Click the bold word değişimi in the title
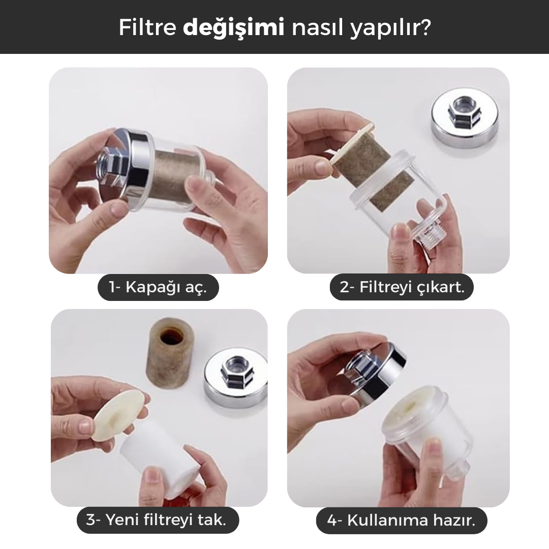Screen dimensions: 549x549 [233, 28]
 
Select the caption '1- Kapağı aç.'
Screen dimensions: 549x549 [158, 287]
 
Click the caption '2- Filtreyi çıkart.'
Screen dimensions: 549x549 [402, 287]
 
